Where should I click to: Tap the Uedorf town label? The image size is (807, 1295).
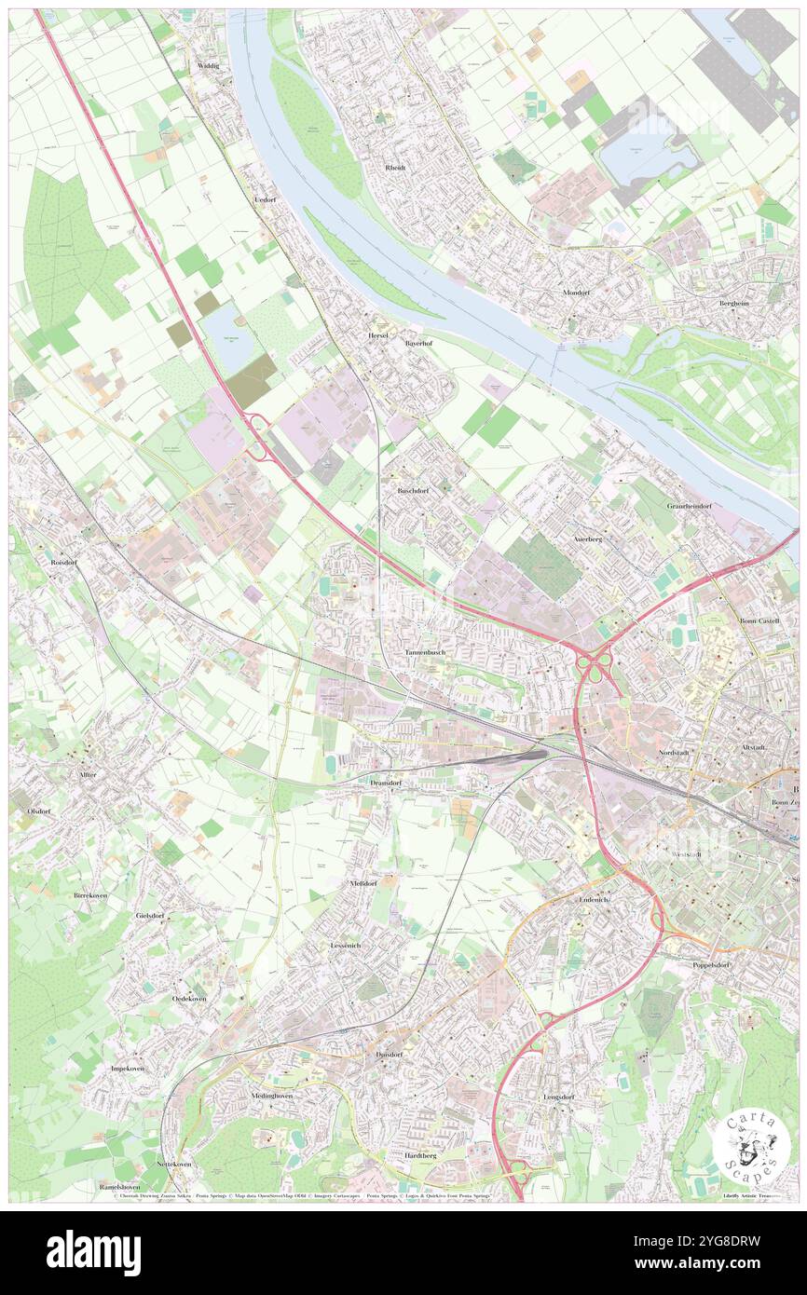coord(266,200)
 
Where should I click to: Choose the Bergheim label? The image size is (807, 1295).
coord(733,303)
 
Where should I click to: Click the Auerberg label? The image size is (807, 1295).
coord(587,538)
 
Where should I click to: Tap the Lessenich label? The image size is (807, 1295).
coord(346,946)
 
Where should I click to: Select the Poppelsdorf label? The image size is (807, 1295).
coord(716,964)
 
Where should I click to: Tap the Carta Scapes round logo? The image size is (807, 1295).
coord(751,1144)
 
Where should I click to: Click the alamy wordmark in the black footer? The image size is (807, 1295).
coord(93,1252)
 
